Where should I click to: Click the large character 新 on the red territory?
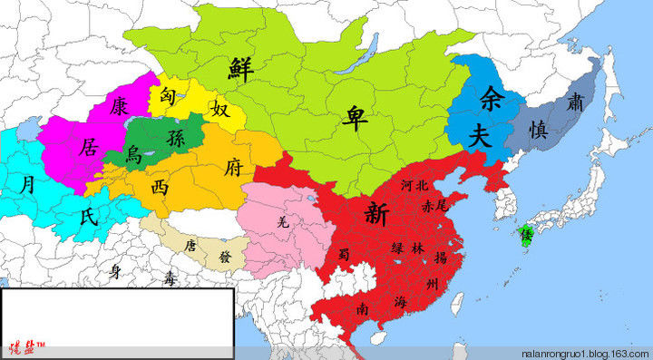(x=375, y=214)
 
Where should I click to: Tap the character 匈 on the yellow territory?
(x=169, y=93)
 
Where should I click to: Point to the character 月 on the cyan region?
(x=30, y=184)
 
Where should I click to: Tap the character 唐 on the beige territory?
(x=190, y=245)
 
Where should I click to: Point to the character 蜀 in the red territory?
(x=344, y=254)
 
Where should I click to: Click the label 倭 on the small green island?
(x=524, y=235)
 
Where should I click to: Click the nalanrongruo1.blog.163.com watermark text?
(x=583, y=352)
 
